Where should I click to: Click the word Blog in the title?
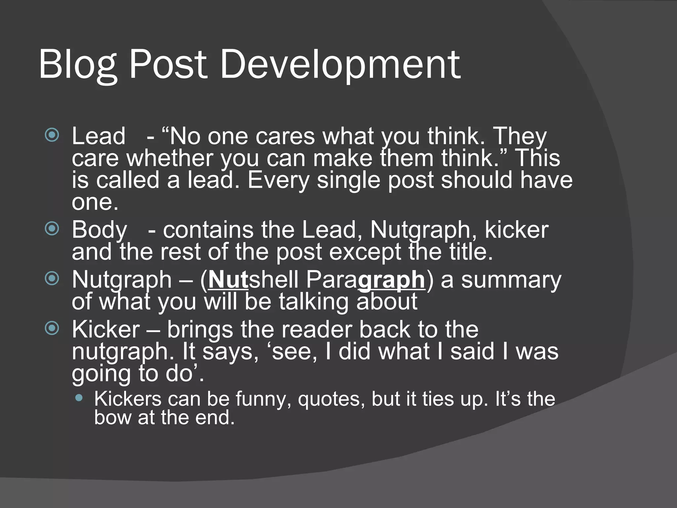(78, 64)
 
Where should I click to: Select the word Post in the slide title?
(168, 64)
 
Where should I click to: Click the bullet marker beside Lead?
(52, 135)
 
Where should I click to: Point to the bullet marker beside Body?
(52, 229)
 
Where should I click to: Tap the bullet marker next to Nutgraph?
(52, 278)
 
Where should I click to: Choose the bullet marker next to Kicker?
(52, 328)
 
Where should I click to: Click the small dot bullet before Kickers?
(79, 398)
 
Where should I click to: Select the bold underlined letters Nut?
(228, 280)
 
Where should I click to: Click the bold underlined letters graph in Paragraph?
(391, 280)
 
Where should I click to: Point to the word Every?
(278, 180)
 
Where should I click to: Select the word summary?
(511, 280)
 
